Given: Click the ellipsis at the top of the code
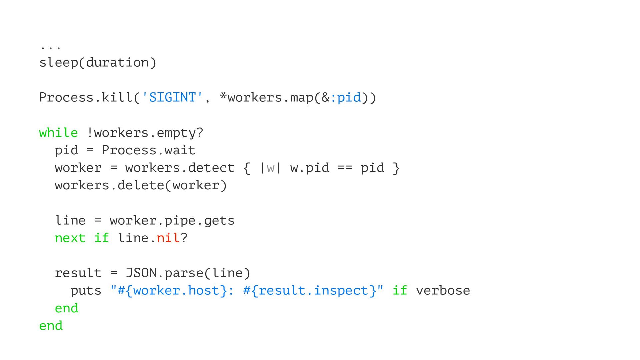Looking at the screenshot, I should pos(50,48).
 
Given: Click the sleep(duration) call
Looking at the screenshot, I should pos(98,63).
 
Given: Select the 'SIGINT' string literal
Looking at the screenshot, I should pos(172,98).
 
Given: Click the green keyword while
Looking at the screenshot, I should pos(58,133).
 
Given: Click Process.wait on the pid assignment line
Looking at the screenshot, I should pos(148,150).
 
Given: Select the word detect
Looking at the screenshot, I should pos(211,168).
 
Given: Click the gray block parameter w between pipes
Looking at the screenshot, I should pos(270,168).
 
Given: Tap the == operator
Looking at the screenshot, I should pos(345,168).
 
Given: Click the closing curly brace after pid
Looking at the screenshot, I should pos(396,168).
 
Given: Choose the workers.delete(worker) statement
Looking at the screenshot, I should pos(141,185).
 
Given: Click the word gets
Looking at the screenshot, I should pos(219,221).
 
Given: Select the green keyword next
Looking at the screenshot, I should pos(70,238).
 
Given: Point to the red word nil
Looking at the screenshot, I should pos(168,238).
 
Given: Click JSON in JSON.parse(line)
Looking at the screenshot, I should pos(141,273).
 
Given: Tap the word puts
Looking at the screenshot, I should pos(86,291).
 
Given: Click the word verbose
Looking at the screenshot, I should pos(443,291).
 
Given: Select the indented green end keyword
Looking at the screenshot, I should pos(67,308).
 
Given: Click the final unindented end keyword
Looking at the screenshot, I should pos(51,326).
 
